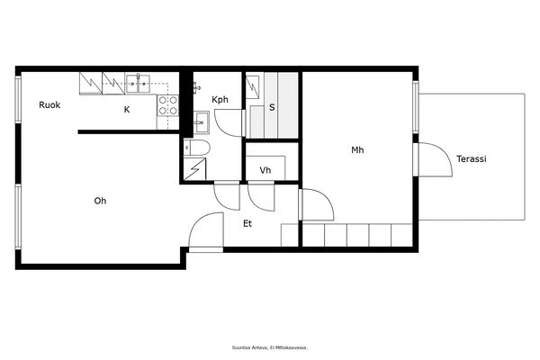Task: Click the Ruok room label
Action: click(49, 104)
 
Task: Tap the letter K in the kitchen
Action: click(127, 110)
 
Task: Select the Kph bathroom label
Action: click(220, 100)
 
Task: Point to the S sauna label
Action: click(272, 107)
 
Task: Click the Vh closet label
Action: click(265, 170)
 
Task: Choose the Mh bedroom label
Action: click(357, 150)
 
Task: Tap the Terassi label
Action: click(472, 158)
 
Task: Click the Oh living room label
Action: click(100, 201)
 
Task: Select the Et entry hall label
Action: click(247, 223)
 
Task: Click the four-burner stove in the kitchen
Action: click(168, 105)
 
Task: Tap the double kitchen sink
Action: click(138, 84)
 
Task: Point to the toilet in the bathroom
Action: click(196, 148)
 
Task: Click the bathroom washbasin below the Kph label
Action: click(201, 122)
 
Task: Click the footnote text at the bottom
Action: click(270, 347)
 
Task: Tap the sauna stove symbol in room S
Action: click(252, 87)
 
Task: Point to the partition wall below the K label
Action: click(129, 132)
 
